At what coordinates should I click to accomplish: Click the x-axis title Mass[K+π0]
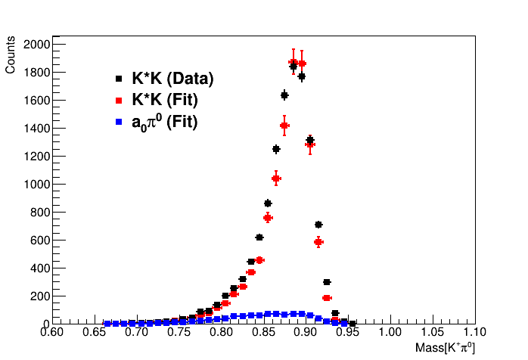[445, 348]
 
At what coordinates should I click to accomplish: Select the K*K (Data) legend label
[172, 79]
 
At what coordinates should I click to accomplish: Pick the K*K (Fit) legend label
[165, 100]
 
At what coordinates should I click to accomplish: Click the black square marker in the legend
[119, 79]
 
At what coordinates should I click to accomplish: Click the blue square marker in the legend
[119, 121]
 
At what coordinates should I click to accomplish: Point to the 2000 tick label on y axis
[35, 45]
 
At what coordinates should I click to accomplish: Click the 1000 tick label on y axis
[35, 184]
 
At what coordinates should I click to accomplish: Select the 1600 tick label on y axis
[35, 101]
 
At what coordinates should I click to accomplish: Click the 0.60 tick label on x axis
[51, 332]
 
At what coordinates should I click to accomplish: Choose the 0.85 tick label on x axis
[263, 332]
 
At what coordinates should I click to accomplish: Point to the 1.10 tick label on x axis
[474, 332]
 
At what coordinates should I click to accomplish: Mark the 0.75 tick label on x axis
[179, 332]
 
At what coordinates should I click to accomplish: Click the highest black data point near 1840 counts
[293, 67]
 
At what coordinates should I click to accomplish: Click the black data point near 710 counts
[318, 225]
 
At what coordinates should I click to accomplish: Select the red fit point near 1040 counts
[276, 178]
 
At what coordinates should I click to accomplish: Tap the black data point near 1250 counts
[276, 149]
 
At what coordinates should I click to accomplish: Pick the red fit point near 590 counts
[318, 241]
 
